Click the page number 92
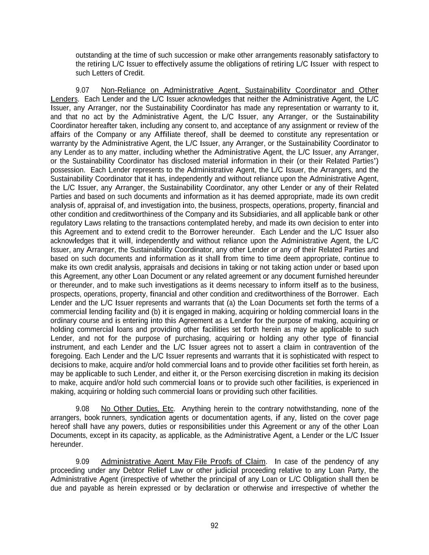214,526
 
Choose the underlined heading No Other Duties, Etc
137,409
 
